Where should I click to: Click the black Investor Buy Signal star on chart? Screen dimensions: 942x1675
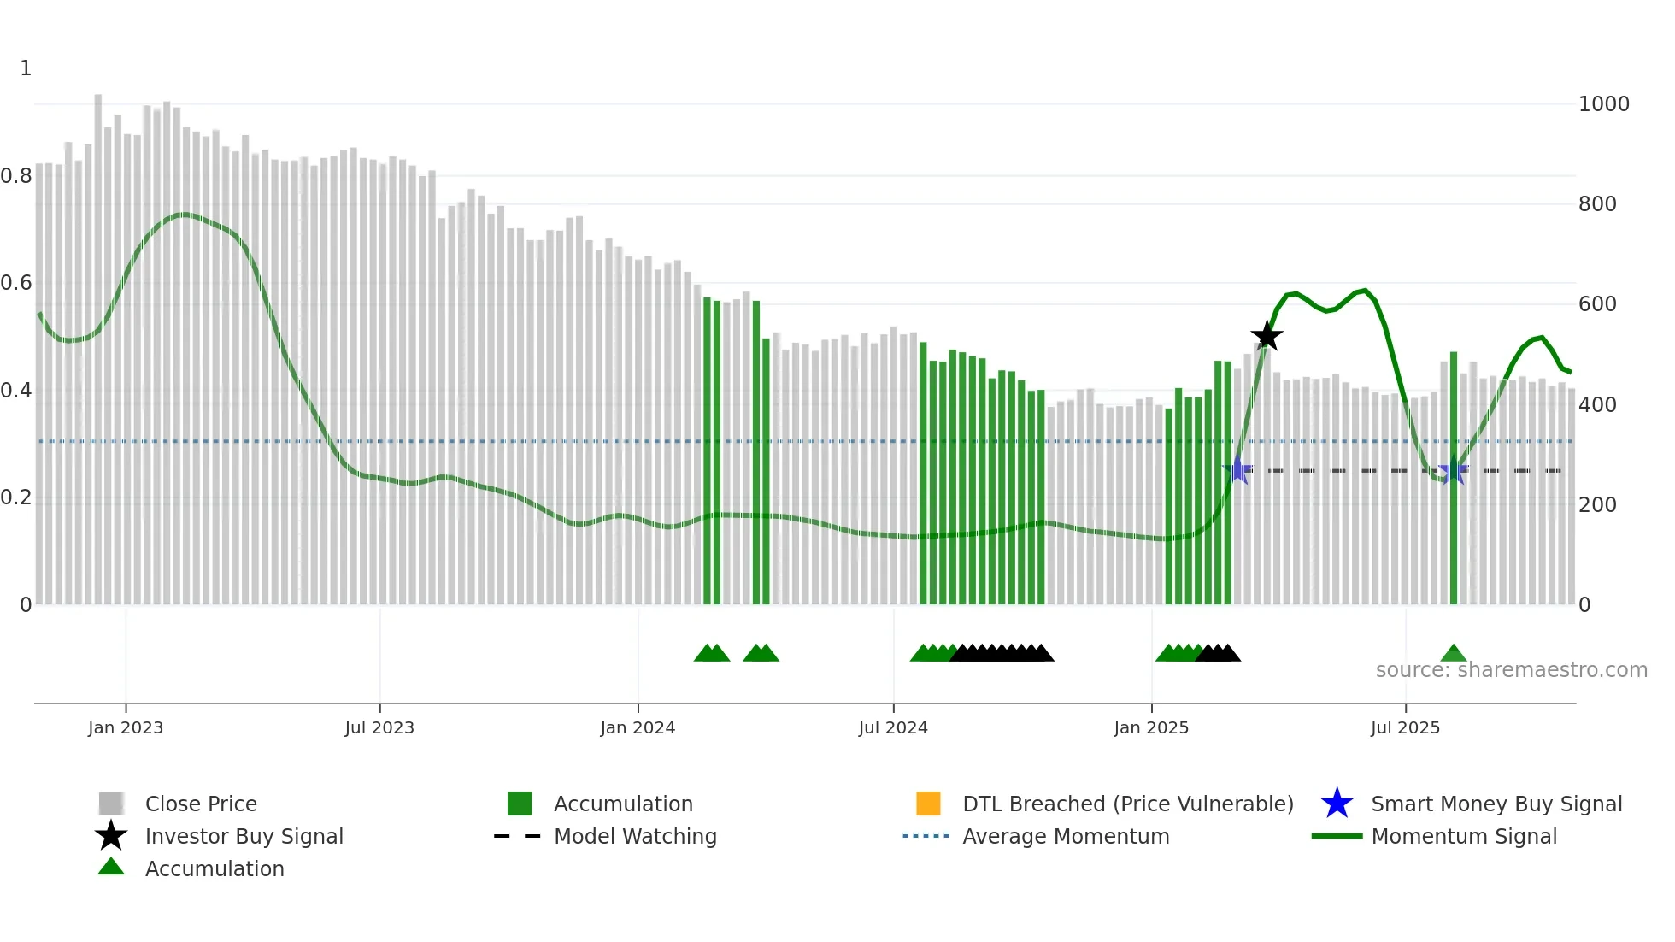1267,336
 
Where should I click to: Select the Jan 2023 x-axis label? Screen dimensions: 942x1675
126,727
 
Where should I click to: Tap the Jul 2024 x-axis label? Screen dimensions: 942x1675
893,727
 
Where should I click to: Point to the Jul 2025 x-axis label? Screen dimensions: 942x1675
1405,727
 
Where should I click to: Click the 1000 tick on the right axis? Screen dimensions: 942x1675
1603,104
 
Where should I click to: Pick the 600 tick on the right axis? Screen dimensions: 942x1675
1597,304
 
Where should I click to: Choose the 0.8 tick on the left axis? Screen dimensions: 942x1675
16,176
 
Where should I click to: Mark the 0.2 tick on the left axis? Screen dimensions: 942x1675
16,497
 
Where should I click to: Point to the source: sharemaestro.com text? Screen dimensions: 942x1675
1511,670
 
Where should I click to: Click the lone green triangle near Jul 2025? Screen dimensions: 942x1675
1453,654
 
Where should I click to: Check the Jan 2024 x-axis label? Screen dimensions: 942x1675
638,727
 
